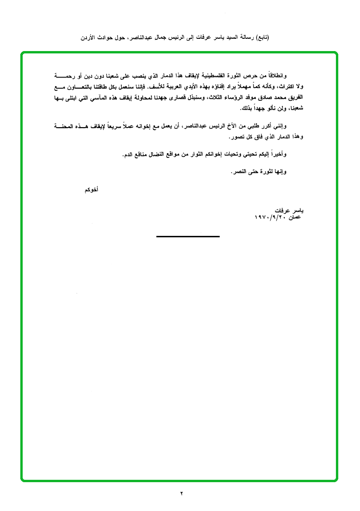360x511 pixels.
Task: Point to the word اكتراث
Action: pyautogui.click(x=286, y=87)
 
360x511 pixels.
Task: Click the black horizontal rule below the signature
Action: pyautogui.click(x=188, y=236)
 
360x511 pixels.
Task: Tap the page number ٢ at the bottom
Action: pyautogui.click(x=181, y=494)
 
